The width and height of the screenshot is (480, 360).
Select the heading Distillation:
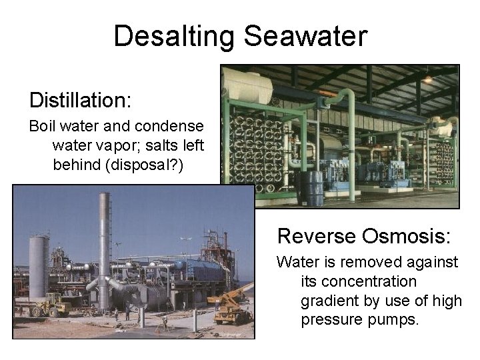pyautogui.click(x=81, y=100)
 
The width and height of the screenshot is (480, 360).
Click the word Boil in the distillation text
pyautogui.click(x=41, y=127)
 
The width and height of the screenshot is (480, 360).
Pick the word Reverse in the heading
pyautogui.click(x=317, y=236)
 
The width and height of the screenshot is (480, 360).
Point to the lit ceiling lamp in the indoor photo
pyautogui.click(x=427, y=79)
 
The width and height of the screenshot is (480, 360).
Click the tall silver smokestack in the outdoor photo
pyautogui.click(x=105, y=247)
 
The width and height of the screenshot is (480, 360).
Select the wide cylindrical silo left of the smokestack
pyautogui.click(x=38, y=267)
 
